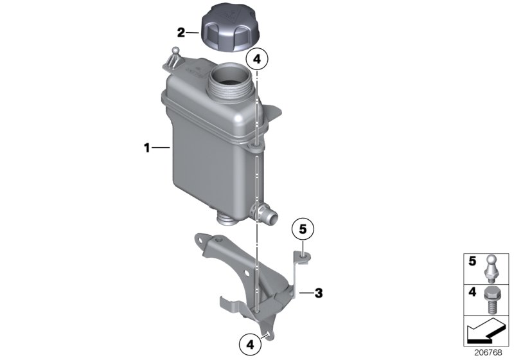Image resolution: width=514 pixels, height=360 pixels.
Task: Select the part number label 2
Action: tap(182, 32)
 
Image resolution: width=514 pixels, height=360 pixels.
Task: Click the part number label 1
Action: tap(147, 148)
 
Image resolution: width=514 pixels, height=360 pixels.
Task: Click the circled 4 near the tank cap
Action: tap(257, 59)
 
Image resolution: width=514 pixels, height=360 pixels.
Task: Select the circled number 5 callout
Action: tap(304, 229)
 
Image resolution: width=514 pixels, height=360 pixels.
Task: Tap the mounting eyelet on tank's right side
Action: tap(255, 150)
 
